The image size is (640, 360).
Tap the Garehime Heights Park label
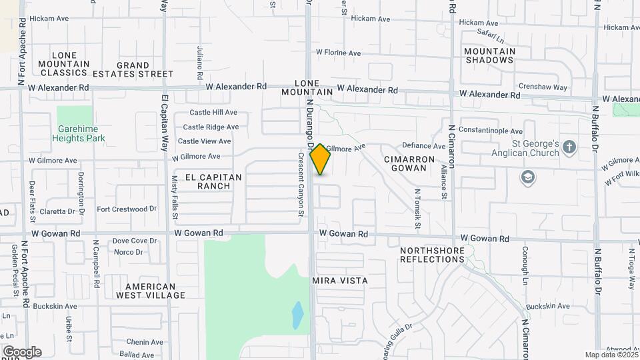79,133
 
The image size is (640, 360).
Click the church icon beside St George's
568,147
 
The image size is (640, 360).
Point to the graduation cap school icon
528,177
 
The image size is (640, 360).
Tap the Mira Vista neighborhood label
340,281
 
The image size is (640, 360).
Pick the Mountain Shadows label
490,55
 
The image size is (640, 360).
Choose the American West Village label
150,290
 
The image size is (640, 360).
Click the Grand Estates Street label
144,69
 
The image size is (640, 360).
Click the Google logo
22,351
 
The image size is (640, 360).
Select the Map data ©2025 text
610,355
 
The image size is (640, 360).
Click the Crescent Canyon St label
301,185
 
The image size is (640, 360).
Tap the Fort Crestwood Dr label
127,209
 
